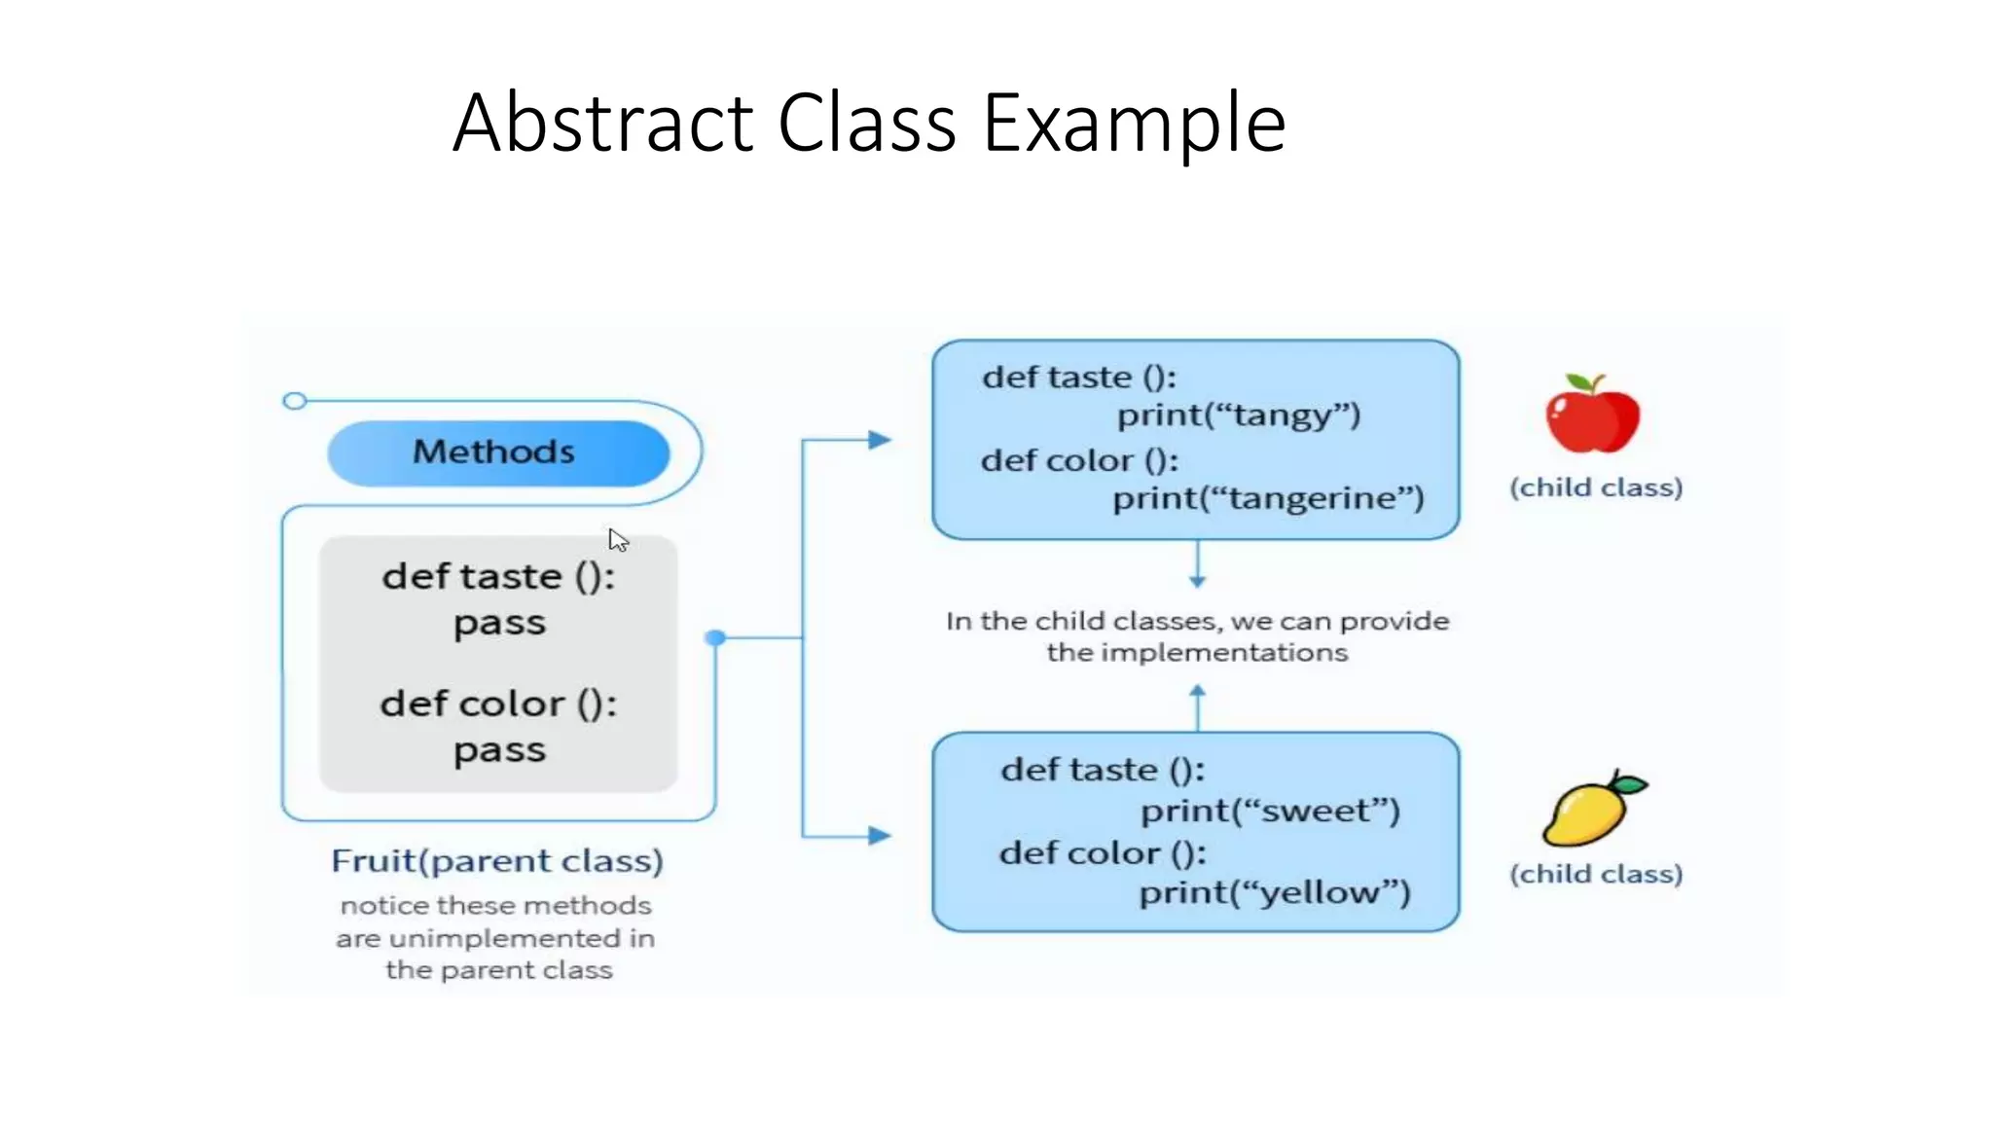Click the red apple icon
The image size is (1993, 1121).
[x=1593, y=416]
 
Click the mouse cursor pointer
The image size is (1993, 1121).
[x=617, y=540]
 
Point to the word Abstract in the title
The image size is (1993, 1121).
[x=603, y=124]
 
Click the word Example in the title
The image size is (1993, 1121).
[x=1134, y=124]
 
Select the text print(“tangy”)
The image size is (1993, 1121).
[x=1238, y=416]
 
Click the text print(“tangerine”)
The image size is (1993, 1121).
[x=1268, y=498]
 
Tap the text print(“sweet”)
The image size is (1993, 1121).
[x=1270, y=811]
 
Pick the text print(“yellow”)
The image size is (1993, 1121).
[x=1275, y=892]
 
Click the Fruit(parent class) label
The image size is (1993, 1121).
[x=497, y=861]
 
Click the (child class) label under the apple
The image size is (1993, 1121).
[x=1596, y=488]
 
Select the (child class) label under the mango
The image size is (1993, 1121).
[x=1596, y=874]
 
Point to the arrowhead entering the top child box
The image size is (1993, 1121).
[x=880, y=440]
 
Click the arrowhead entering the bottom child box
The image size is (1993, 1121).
[x=880, y=835]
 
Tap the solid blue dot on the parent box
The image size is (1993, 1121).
[x=715, y=638]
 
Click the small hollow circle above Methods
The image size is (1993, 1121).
[x=294, y=401]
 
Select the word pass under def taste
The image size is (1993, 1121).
[x=499, y=624]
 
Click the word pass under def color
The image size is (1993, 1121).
[x=499, y=751]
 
